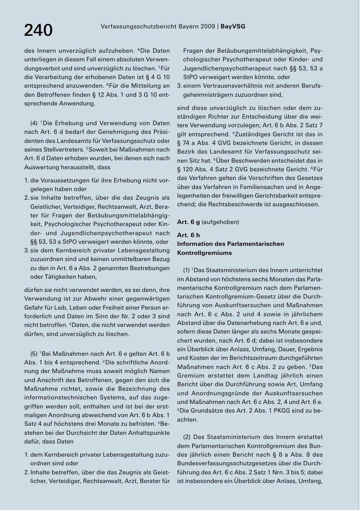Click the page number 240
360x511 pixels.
[x=38, y=30]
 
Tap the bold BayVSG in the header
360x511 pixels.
[x=233, y=26]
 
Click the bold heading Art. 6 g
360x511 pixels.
[x=188, y=222]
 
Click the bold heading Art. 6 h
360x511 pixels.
[x=188, y=235]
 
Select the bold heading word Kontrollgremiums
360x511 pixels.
[x=204, y=252]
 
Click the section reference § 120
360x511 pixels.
[x=186, y=169]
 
